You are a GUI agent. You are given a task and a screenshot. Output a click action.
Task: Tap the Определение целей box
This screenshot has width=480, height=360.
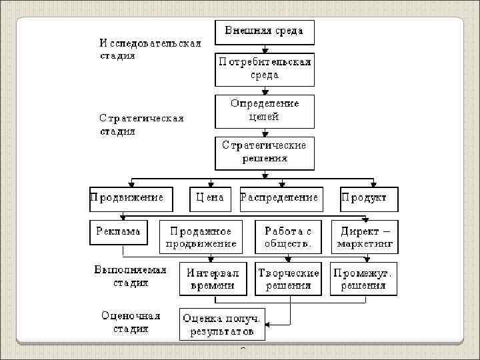[x=264, y=111]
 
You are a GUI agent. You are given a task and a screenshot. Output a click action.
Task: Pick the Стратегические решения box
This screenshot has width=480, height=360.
[x=264, y=153]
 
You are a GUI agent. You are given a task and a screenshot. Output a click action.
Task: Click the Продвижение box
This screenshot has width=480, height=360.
[x=131, y=199]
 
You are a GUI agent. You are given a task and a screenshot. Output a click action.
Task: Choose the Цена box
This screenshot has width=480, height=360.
[x=210, y=199]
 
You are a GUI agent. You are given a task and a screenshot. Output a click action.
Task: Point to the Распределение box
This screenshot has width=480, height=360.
[x=280, y=199]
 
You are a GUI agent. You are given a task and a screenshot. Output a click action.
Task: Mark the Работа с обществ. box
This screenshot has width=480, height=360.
[x=288, y=237]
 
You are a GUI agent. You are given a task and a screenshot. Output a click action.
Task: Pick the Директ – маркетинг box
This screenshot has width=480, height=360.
[x=365, y=237]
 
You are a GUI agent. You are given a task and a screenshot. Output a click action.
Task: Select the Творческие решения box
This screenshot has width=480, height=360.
[x=288, y=279]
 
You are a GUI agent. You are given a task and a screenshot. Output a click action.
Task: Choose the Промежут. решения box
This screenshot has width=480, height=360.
[x=363, y=279]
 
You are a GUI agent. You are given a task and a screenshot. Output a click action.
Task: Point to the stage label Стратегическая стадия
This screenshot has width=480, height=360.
[x=141, y=125]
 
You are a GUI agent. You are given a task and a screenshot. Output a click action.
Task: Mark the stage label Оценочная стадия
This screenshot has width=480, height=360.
[x=131, y=322]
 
